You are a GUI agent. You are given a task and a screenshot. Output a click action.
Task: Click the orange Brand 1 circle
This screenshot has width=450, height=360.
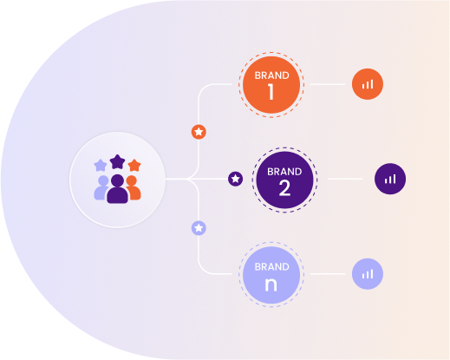pos(271,85)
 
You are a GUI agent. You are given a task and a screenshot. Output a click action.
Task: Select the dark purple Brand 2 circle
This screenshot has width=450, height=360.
pos(284,180)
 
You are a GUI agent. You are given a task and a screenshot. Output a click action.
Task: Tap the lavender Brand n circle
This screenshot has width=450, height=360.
pos(271,275)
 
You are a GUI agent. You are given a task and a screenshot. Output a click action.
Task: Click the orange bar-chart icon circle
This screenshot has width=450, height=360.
pos(368,84)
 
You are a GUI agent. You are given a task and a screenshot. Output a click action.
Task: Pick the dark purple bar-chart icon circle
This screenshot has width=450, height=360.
pos(390,179)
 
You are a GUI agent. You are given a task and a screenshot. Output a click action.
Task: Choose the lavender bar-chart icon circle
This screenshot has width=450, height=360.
pos(368,274)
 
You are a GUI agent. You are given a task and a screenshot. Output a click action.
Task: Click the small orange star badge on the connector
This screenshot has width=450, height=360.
pos(199,132)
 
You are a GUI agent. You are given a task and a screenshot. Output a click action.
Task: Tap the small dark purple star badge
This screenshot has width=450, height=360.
pos(236,179)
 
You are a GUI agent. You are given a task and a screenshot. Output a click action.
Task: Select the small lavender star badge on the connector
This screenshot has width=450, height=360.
pos(199,228)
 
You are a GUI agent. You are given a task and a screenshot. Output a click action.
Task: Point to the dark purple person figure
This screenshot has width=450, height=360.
pos(117,189)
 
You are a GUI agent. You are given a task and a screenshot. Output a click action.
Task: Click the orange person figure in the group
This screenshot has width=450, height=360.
pos(134,187)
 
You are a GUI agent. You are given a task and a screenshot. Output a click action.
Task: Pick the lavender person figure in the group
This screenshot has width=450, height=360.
pos(101,187)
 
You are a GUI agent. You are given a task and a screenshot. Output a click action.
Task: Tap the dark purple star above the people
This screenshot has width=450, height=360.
pos(117,162)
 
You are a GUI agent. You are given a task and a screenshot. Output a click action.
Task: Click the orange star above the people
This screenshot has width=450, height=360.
pos(134,165)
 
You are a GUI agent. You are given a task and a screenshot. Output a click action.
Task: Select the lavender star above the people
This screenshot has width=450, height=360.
pos(101,165)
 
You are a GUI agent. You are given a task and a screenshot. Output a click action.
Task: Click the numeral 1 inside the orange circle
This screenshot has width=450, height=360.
pos(271,92)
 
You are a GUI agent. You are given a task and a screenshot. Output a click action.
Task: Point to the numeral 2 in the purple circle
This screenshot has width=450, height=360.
pos(284,188)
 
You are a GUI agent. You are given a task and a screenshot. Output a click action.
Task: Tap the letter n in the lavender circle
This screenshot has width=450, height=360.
pos(271,285)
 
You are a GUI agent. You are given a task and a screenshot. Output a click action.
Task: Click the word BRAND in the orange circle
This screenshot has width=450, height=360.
pos(271,75)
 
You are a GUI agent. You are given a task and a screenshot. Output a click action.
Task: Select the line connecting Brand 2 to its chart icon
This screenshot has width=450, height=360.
pos(345,179)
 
